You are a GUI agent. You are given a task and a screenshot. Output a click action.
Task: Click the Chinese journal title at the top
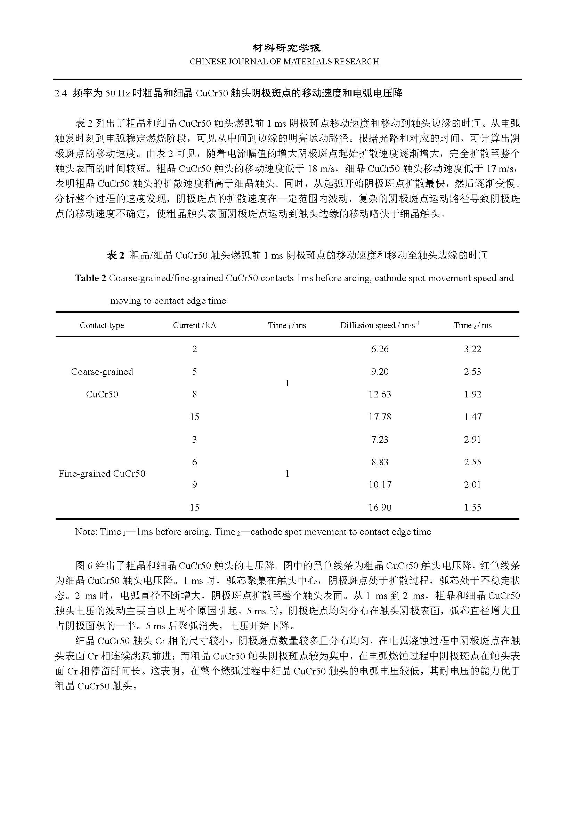[286, 48]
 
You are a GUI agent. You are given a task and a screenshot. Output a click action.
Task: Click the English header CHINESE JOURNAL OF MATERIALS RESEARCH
[284, 62]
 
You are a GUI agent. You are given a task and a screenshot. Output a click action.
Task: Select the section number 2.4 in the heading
[61, 94]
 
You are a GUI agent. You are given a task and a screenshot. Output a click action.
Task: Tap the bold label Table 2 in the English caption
[91, 278]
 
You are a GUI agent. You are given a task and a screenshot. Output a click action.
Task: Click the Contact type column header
[102, 325]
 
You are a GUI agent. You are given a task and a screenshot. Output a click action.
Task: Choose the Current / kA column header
[194, 325]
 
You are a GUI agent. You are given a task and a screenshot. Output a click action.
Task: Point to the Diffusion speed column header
[380, 325]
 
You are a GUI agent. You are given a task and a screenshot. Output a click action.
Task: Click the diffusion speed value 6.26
[380, 349]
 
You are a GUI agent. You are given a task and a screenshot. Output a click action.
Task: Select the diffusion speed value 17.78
[380, 417]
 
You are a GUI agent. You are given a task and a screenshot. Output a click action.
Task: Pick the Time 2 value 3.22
[473, 349]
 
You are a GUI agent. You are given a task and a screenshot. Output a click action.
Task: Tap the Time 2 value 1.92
[473, 394]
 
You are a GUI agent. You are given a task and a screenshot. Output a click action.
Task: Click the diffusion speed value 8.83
[380, 462]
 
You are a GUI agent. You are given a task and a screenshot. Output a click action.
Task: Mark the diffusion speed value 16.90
[380, 507]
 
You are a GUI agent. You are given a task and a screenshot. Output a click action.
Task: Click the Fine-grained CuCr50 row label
[102, 474]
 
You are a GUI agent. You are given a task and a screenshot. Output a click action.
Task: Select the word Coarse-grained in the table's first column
[102, 372]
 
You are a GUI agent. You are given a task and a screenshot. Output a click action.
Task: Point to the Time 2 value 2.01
[473, 485]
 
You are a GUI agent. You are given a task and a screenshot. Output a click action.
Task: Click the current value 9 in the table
[194, 485]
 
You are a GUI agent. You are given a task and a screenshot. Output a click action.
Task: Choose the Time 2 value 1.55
[473, 507]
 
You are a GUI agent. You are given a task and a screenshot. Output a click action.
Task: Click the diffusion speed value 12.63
[380, 394]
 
